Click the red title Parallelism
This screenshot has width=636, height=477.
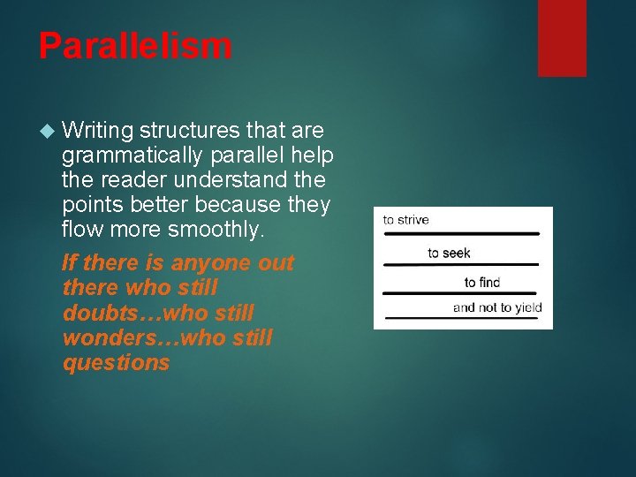tap(135, 46)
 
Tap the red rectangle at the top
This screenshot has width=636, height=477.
tap(562, 37)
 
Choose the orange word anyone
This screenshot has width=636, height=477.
tap(212, 263)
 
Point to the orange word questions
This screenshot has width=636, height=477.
tap(116, 362)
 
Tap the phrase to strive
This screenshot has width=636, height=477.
tap(405, 220)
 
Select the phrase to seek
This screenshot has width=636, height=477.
tap(449, 254)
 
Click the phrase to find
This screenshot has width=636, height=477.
tap(482, 283)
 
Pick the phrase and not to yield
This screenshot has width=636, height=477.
tap(496, 307)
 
